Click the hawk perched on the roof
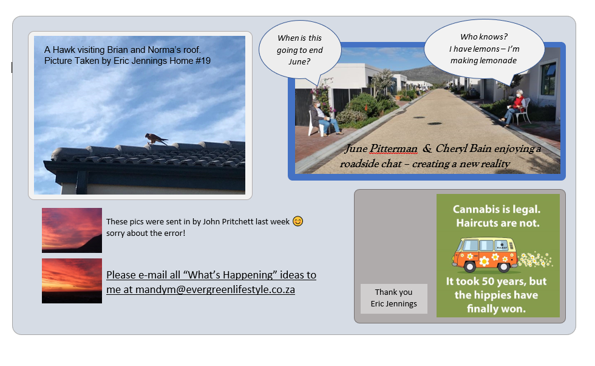click(x=155, y=139)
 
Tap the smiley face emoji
click(x=298, y=221)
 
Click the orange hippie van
click(x=485, y=255)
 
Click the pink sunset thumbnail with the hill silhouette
click(x=72, y=230)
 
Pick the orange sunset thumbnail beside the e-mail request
click(x=72, y=281)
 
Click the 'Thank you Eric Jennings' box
click(x=394, y=299)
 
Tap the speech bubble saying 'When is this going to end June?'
click(x=300, y=50)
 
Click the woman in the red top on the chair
click(x=515, y=107)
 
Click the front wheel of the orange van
click(x=470, y=267)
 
